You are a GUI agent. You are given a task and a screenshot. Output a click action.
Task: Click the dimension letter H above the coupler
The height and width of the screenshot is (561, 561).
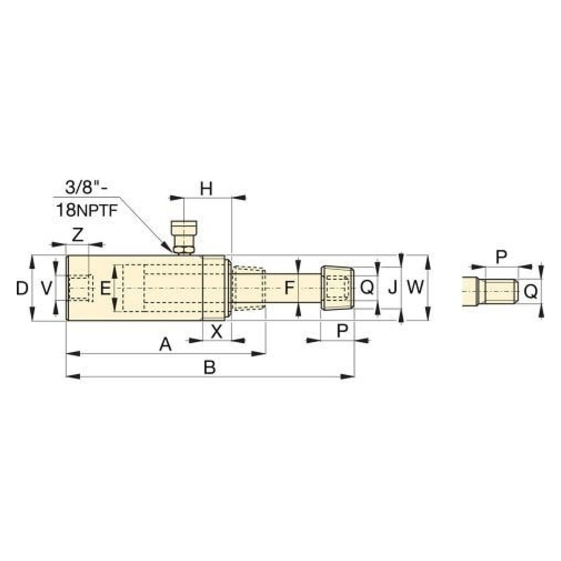tap(206, 189)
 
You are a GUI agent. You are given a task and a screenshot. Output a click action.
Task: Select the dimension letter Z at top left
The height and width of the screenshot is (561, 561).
tap(77, 236)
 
